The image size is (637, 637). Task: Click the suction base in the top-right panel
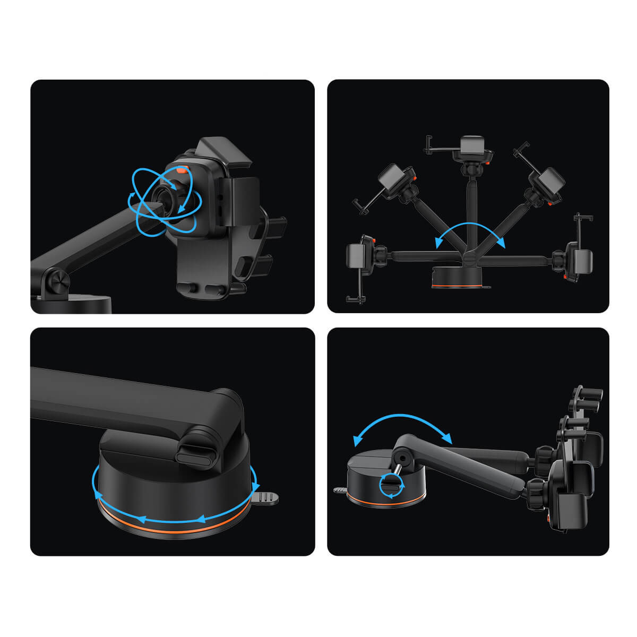pyautogui.click(x=457, y=278)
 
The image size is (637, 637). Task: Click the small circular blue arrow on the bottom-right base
pyautogui.click(x=392, y=486)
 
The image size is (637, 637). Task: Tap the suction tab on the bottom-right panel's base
pyautogui.click(x=339, y=490)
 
